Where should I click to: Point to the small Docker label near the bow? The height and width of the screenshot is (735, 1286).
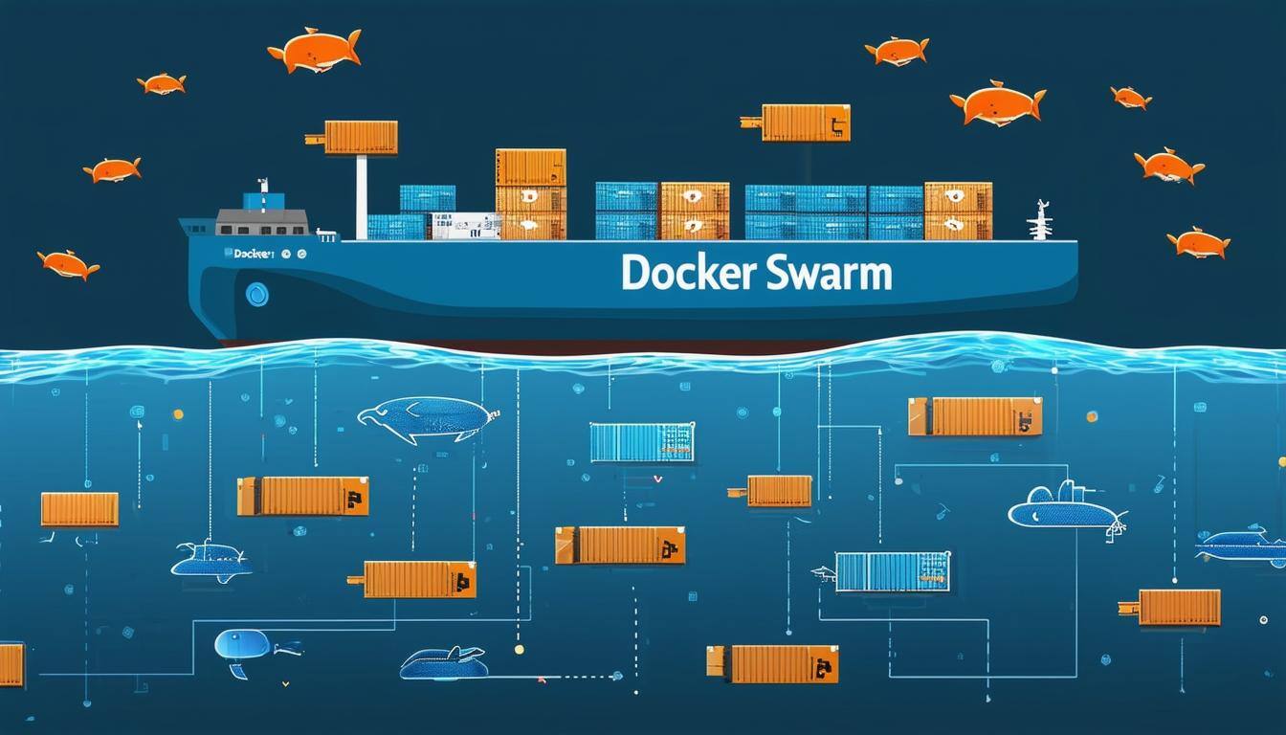252,254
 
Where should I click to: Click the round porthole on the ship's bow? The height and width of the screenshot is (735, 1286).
256,294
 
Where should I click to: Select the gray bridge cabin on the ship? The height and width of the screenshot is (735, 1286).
261,222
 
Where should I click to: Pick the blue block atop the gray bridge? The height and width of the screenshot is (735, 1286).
263,201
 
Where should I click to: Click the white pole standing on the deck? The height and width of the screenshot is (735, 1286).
362,196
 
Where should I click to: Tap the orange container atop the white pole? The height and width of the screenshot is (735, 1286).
361,138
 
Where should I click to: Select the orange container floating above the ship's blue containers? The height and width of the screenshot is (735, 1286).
805,122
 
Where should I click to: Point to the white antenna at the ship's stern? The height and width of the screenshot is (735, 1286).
1039,220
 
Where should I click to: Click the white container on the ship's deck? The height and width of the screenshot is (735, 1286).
465,226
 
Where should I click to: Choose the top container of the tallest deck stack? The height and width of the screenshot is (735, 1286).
530,167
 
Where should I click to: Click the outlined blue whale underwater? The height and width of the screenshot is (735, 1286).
428,419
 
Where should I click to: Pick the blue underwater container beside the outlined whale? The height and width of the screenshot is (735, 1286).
641,442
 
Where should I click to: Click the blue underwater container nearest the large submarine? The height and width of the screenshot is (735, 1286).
892,571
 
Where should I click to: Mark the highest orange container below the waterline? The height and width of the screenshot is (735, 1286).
974,416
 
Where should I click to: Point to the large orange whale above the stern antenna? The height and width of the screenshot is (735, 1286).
997,102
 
